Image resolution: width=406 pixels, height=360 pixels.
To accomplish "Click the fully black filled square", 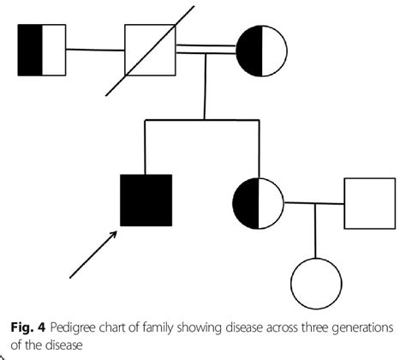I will click(146, 200).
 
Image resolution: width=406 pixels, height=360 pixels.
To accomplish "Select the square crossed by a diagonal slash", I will click(150, 50).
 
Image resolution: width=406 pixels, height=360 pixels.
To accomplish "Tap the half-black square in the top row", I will click(42, 49).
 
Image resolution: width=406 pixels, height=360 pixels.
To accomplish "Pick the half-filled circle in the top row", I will click(260, 50).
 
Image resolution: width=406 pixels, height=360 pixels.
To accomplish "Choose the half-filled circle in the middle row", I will click(258, 203).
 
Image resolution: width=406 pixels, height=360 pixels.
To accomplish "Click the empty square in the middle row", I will click(368, 203).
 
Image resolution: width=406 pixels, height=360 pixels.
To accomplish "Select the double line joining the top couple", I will click(205, 51).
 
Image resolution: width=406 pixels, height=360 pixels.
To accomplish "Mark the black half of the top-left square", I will click(30, 49).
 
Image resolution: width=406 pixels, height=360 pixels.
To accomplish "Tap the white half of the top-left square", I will click(54, 49).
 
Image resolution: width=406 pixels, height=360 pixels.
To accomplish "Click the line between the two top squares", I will click(95, 50).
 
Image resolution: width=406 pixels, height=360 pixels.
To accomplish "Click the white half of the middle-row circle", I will click(271, 203).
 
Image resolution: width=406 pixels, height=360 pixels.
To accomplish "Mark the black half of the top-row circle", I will click(248, 50).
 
